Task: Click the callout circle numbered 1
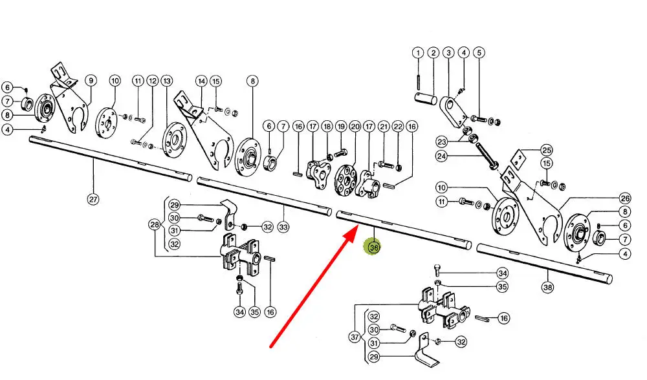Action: pos(418,52)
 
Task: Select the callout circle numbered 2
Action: pos(433,52)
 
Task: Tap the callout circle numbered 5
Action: pos(478,52)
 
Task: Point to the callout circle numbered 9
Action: pos(91,81)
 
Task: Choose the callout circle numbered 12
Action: pos(152,81)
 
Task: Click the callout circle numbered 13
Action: pos(167,81)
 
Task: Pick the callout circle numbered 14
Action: pos(201,81)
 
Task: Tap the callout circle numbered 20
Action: pos(355,127)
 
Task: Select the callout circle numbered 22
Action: pos(398,127)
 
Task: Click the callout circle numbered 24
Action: pos(460,156)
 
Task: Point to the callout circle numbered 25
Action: pos(547,149)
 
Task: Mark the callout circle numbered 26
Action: pos(624,198)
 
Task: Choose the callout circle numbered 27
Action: pos(93,200)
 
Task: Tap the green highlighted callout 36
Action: pos(373,247)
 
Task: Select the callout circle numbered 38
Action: pos(548,288)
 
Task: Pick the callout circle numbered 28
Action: pos(154,225)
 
